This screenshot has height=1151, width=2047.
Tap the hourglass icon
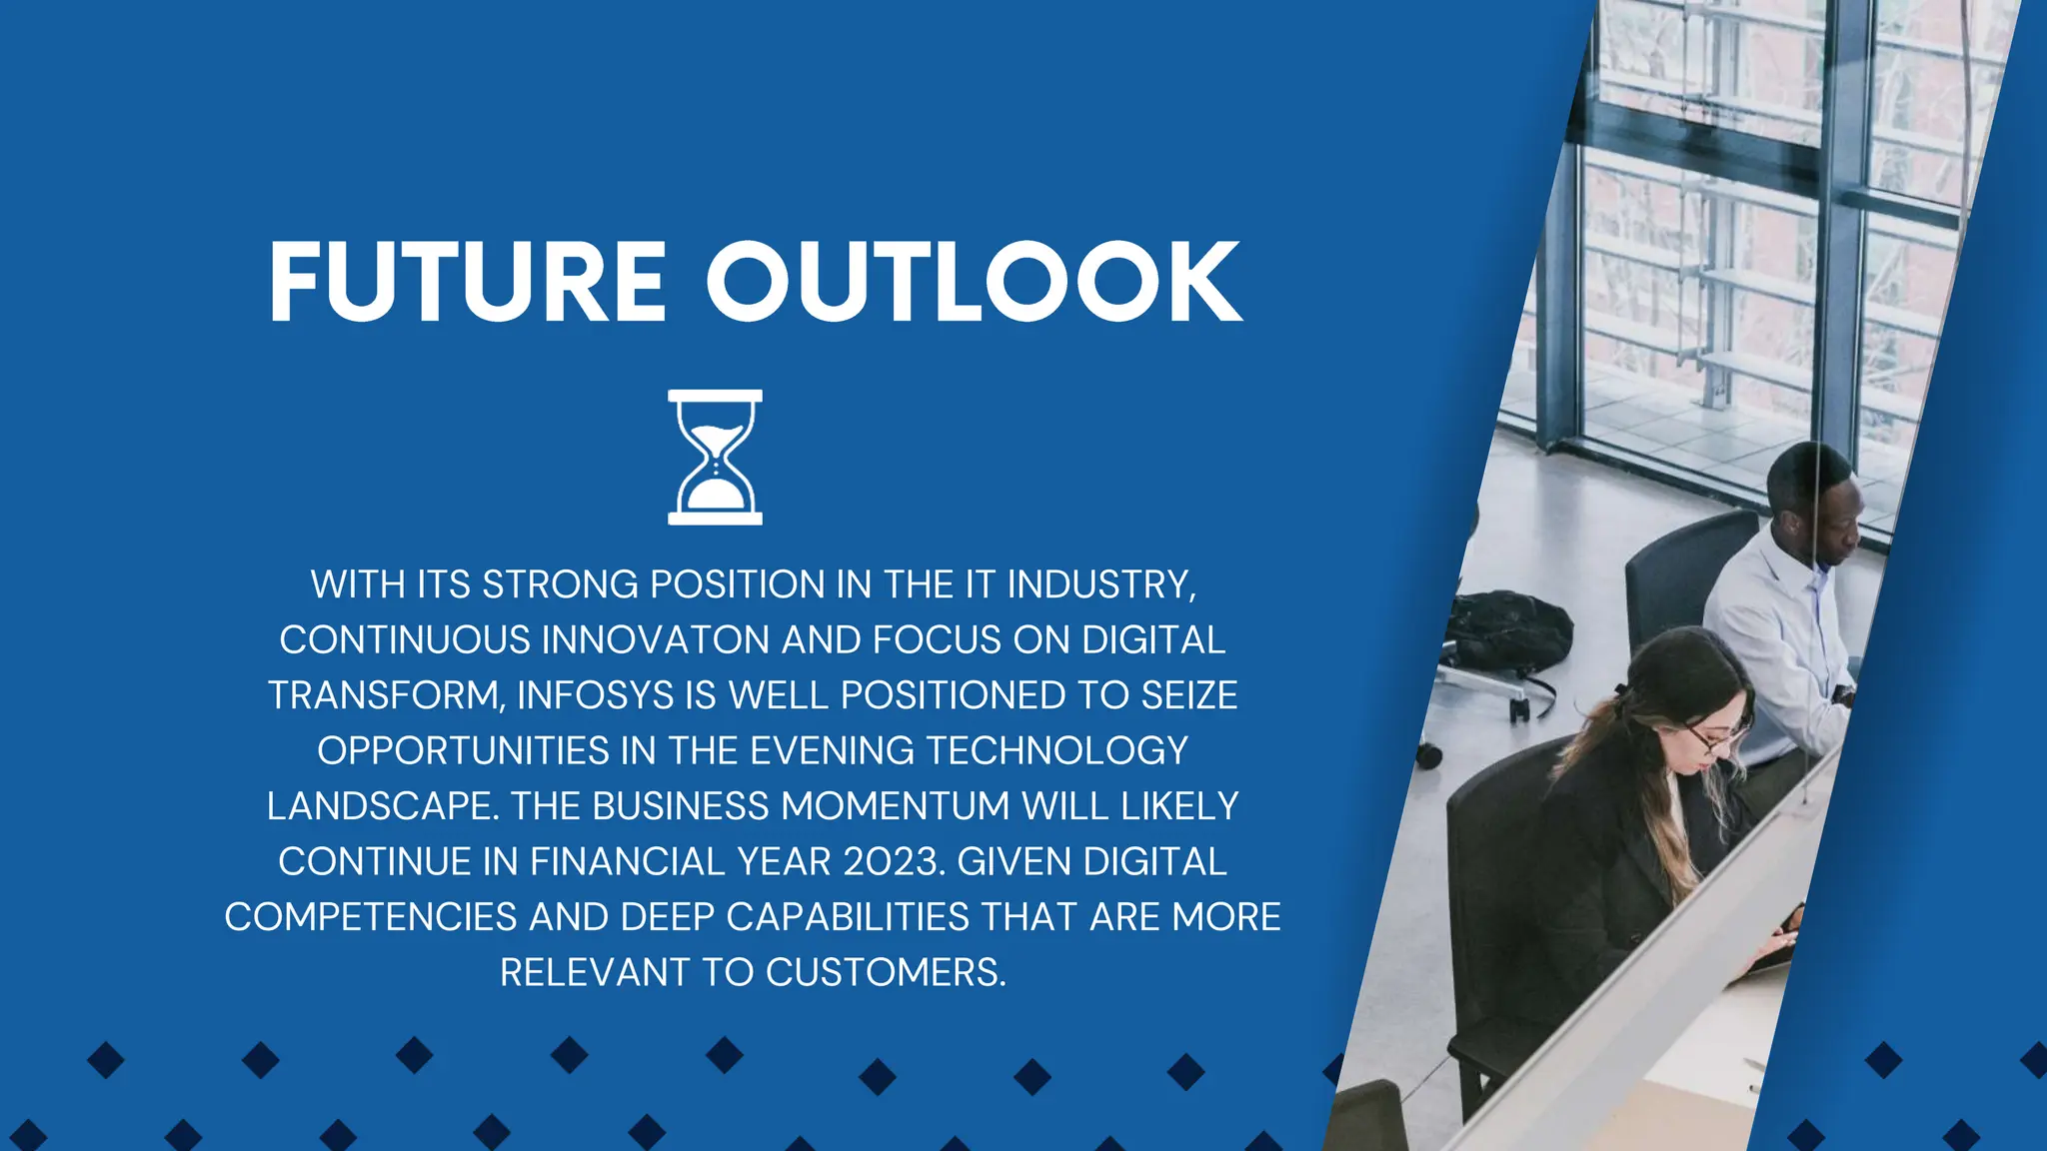(x=715, y=458)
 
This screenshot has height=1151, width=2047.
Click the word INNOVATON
(x=655, y=640)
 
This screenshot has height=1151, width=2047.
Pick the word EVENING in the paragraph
(x=832, y=751)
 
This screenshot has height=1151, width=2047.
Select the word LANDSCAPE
(x=383, y=806)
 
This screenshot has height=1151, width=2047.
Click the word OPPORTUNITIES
(x=463, y=751)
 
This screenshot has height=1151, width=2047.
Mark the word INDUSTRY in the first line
(x=1100, y=584)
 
